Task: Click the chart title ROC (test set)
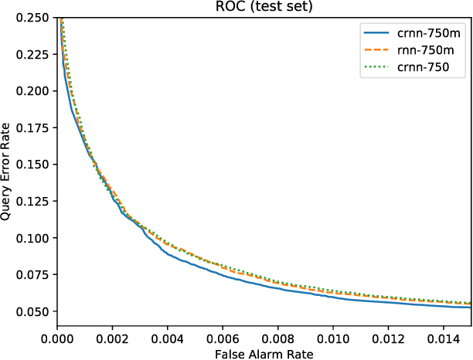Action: [264, 7]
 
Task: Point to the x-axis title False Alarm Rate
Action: [264, 352]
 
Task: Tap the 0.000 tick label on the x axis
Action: [57, 337]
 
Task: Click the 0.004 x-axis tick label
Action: [168, 337]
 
